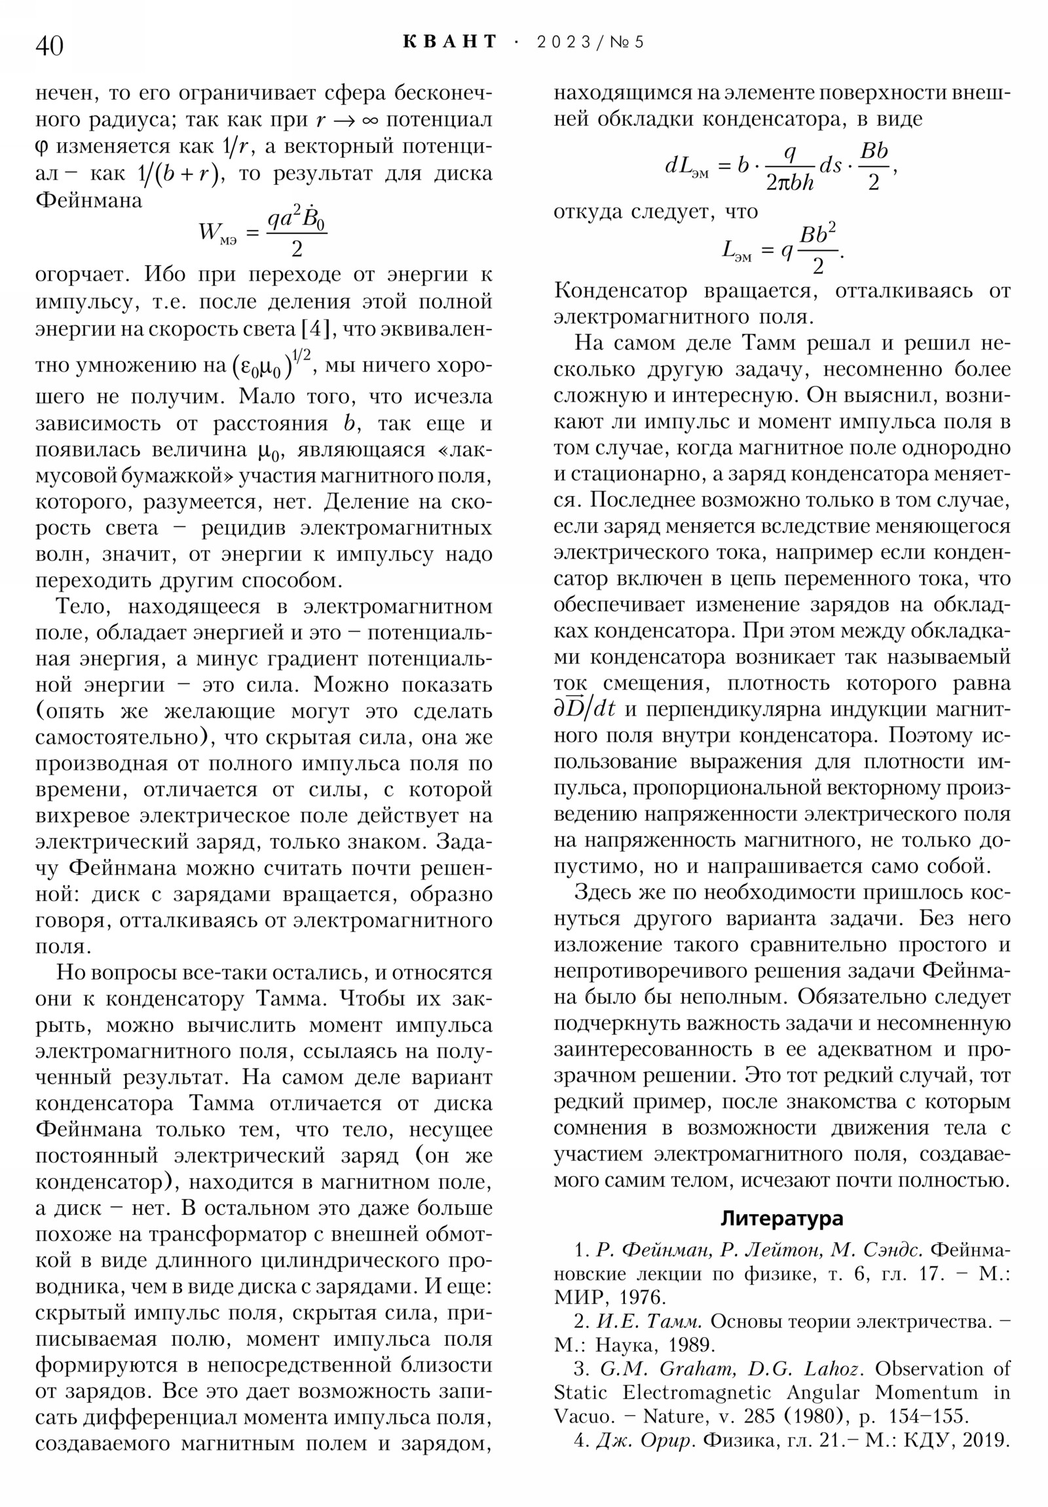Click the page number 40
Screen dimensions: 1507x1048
pyautogui.click(x=49, y=46)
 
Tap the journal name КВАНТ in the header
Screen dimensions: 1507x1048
pyautogui.click(x=449, y=42)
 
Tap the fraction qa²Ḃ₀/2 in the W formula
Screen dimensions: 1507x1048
pyautogui.click(x=296, y=233)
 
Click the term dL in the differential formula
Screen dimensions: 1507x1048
pyautogui.click(x=686, y=166)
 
